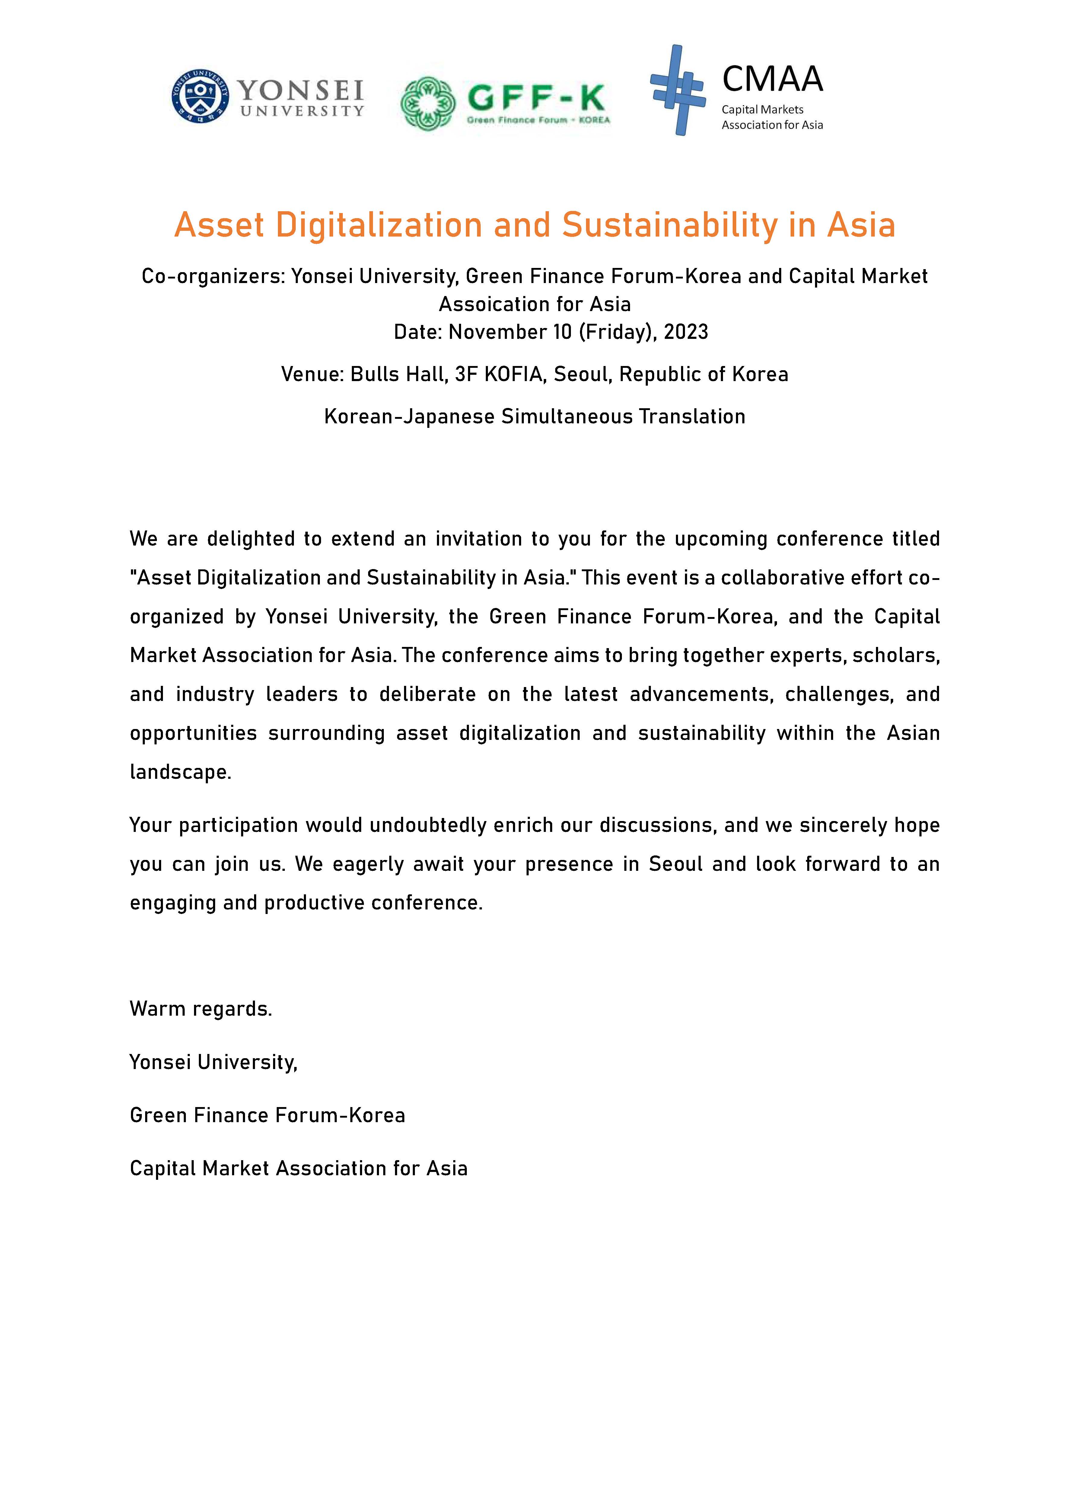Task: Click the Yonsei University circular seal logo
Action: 200,96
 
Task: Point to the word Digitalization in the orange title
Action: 379,225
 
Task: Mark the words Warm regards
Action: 201,1009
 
